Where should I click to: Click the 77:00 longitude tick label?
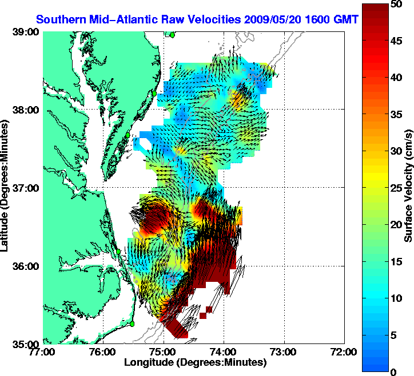pos(43,353)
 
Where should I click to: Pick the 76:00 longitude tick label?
pos(103,353)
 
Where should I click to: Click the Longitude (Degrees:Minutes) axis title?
pos(194,362)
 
